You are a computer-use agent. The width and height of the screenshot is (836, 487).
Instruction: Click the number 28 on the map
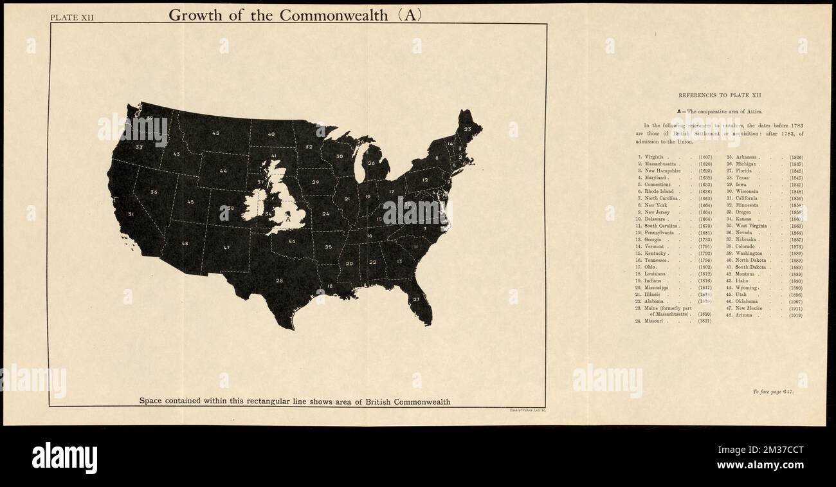tap(279, 280)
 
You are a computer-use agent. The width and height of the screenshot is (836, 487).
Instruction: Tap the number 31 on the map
tap(131, 214)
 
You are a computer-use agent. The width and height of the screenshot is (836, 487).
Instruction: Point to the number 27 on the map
tap(416, 299)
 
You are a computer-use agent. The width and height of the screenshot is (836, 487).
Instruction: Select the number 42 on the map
tap(216, 133)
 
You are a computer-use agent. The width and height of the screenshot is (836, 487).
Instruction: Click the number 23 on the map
tap(468, 129)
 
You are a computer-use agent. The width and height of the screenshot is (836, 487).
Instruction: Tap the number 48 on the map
tap(185, 243)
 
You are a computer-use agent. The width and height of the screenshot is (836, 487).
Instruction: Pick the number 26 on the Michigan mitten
tap(371, 163)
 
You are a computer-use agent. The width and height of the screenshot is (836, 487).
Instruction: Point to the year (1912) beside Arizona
tap(795, 315)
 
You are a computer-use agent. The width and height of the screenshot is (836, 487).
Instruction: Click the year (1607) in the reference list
tap(705, 158)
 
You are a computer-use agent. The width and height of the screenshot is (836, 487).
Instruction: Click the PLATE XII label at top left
tap(72, 17)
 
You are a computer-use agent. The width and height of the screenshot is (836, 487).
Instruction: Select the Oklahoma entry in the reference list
tap(747, 301)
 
